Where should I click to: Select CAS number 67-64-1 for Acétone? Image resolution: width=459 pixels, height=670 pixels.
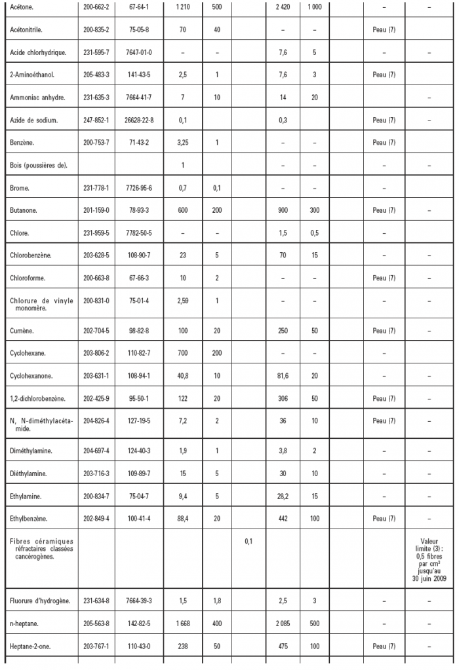click(x=138, y=7)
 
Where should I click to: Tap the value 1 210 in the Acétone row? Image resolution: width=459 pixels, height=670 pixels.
click(x=182, y=7)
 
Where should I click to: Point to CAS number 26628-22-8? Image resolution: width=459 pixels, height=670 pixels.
click(x=138, y=121)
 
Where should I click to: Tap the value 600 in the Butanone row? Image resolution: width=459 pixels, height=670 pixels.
click(x=182, y=211)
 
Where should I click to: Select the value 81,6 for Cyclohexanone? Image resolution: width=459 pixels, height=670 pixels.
click(x=283, y=377)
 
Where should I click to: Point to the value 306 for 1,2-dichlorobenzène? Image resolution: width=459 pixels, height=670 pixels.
click(x=283, y=399)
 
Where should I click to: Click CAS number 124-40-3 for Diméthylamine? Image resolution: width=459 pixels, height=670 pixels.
click(x=138, y=451)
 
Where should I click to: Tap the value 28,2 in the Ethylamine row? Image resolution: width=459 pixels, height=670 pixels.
click(x=283, y=496)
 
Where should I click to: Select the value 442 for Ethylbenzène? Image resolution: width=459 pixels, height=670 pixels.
click(x=283, y=519)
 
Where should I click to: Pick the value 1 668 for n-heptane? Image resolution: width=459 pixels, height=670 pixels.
click(x=182, y=623)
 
